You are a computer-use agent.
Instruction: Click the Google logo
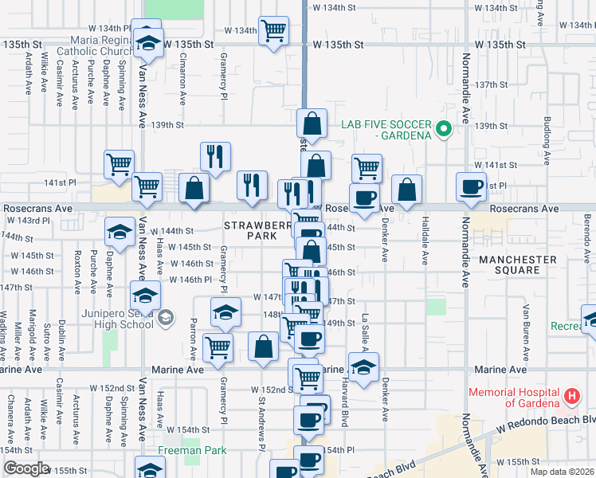click(25, 468)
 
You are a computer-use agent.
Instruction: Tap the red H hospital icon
click(571, 396)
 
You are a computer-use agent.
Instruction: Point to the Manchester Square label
click(517, 266)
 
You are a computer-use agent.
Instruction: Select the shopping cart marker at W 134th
click(273, 31)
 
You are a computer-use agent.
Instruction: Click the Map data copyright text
click(562, 472)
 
